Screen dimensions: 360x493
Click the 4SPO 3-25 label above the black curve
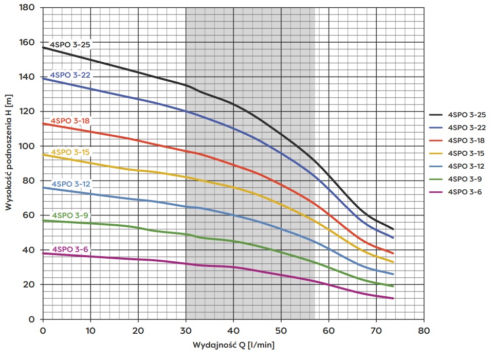[x=70, y=44]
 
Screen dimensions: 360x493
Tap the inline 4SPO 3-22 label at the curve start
[x=70, y=75]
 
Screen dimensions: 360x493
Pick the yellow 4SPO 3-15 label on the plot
[x=70, y=152]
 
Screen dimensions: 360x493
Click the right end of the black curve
[x=393, y=229]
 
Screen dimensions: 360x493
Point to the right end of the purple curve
[x=393, y=298]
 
